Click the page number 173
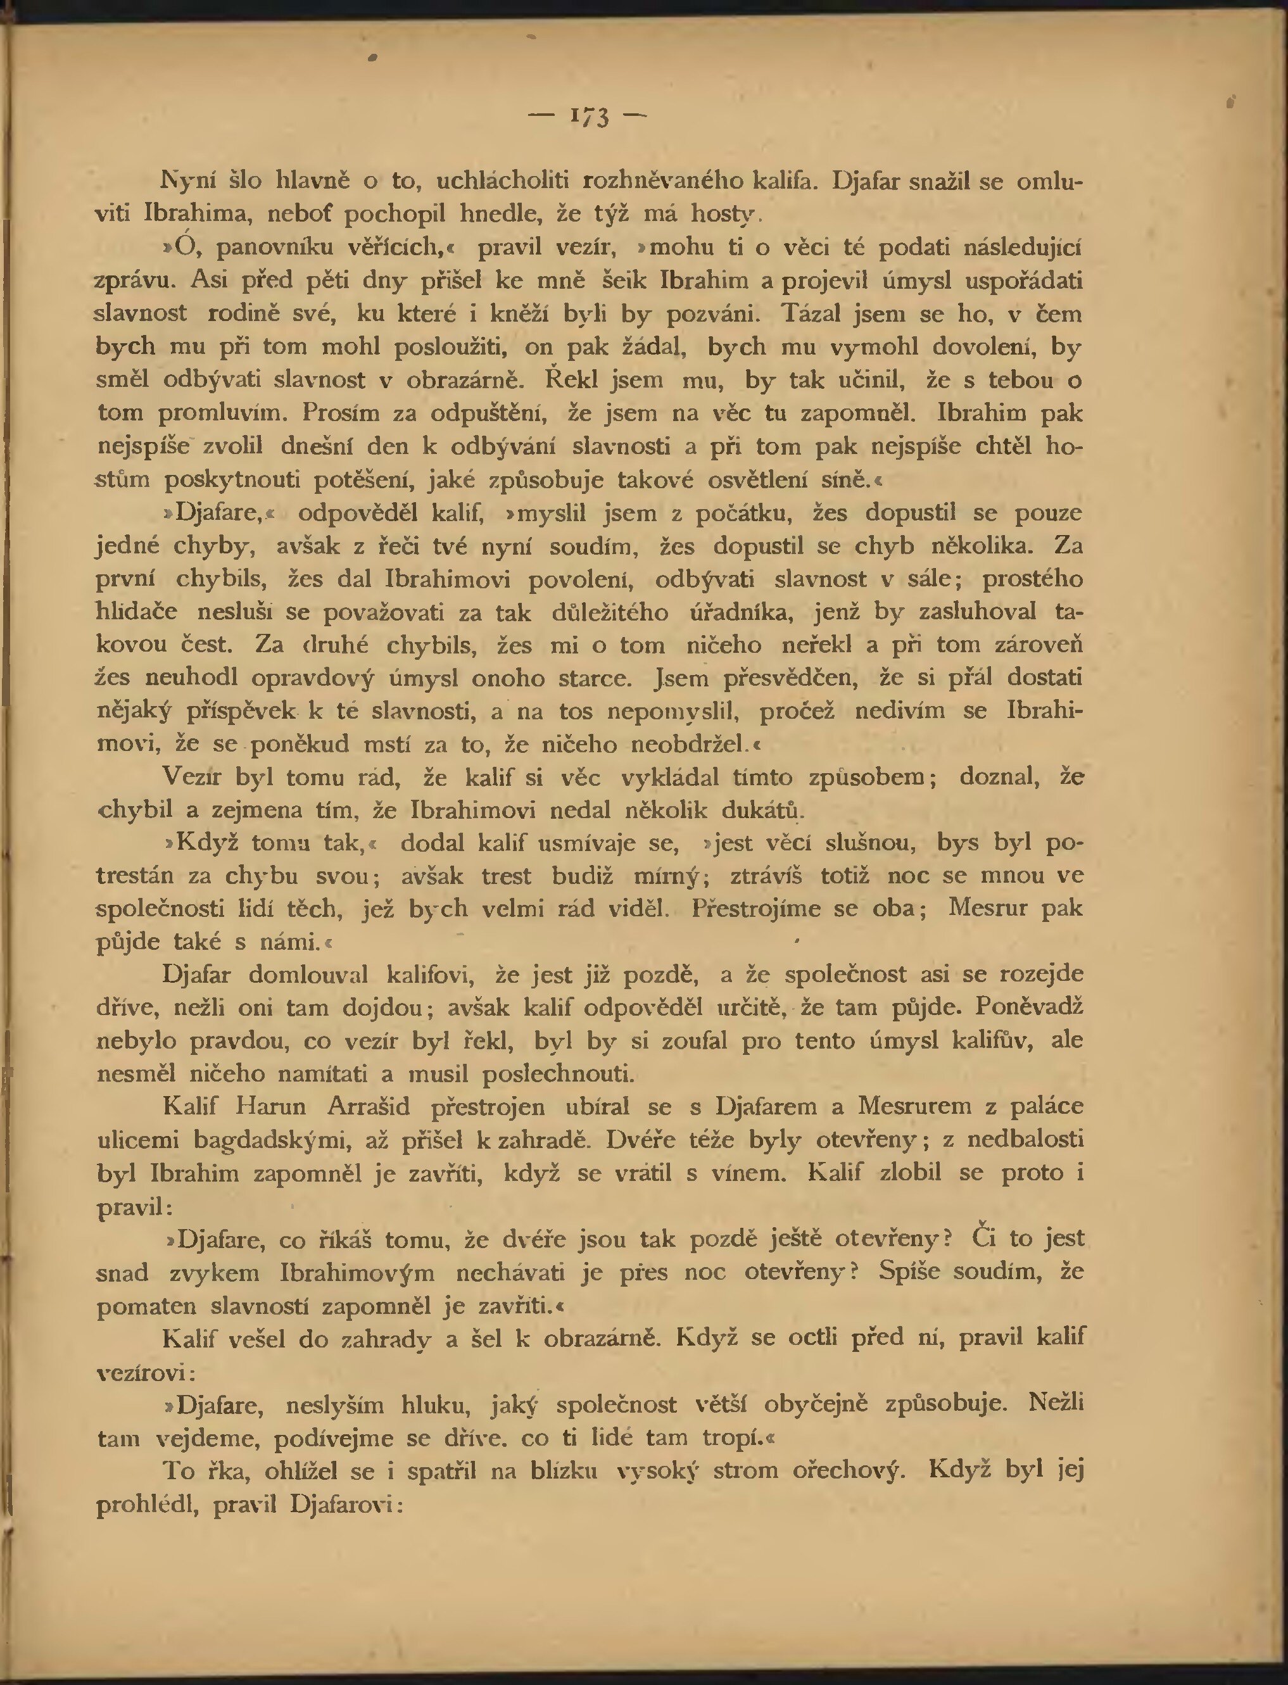[589, 117]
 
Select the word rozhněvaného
[662, 181]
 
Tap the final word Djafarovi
[346, 1504]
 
